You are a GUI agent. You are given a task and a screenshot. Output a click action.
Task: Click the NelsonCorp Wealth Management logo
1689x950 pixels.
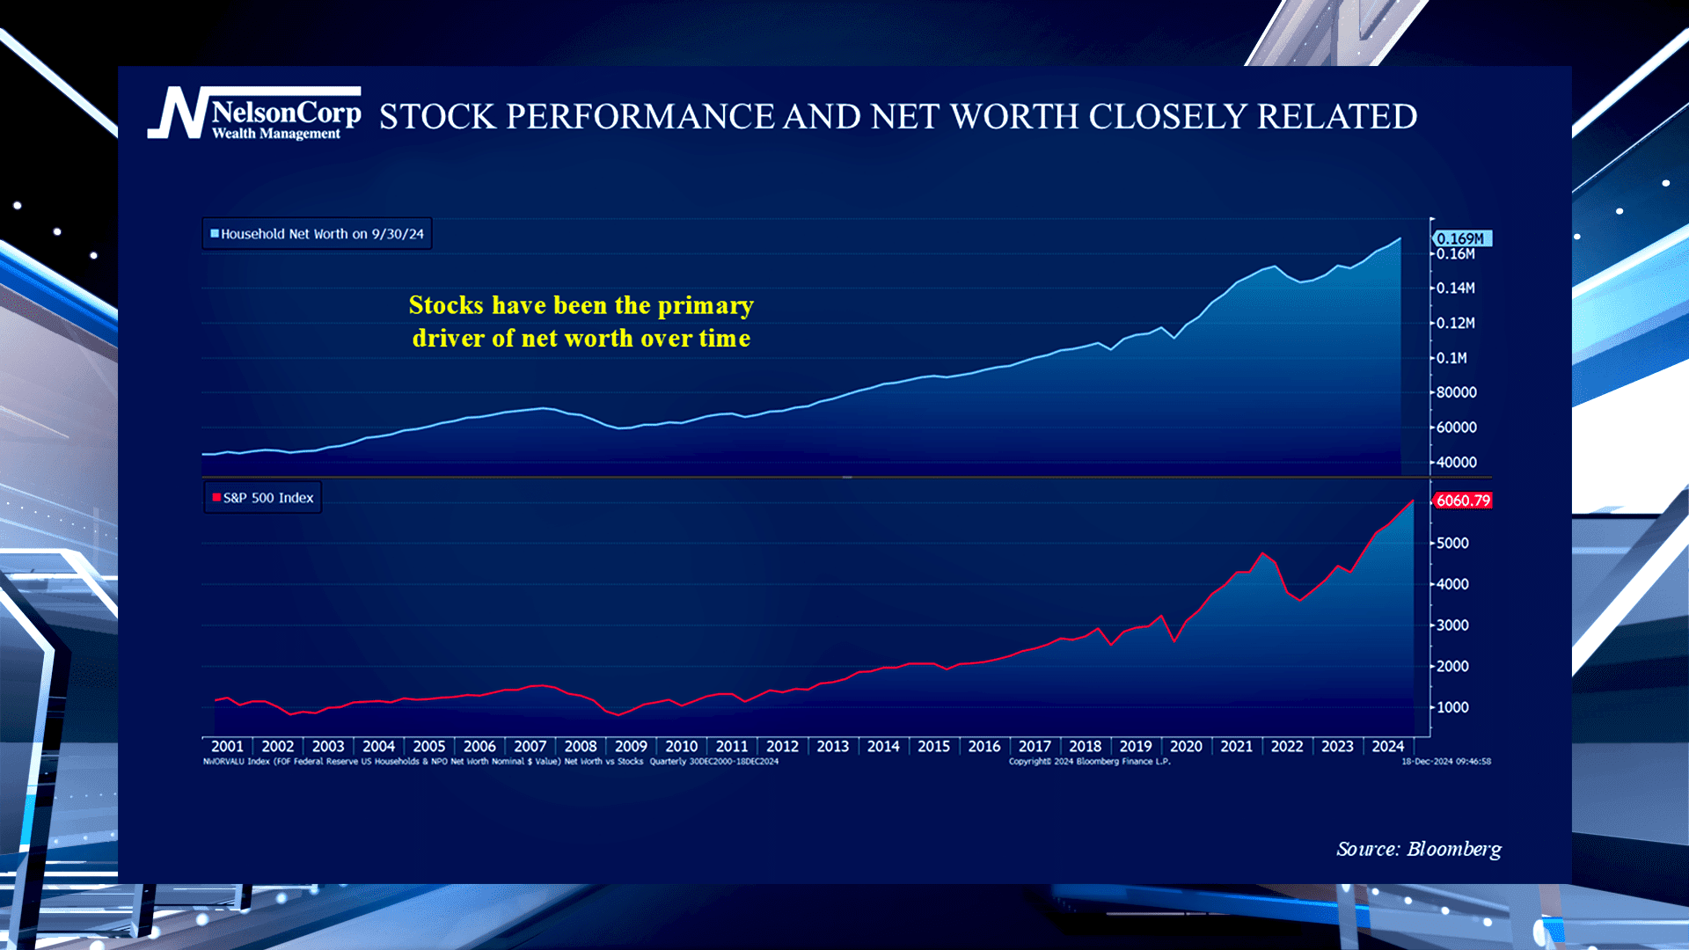(x=255, y=113)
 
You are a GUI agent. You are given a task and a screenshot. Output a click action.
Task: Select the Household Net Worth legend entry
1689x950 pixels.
(x=318, y=234)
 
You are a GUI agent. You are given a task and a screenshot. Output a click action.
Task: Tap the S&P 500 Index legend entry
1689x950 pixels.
(x=264, y=498)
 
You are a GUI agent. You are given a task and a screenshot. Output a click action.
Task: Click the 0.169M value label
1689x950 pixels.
(x=1461, y=238)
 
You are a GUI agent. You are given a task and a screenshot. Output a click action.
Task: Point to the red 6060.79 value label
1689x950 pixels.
(x=1463, y=501)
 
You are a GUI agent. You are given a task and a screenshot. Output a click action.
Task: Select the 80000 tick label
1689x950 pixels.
(x=1456, y=392)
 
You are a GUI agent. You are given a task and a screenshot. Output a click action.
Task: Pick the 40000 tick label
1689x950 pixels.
(x=1456, y=463)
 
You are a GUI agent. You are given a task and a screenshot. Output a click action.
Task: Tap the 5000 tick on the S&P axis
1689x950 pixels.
(x=1452, y=544)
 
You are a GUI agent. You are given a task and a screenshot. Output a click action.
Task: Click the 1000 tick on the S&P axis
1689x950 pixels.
(x=1452, y=707)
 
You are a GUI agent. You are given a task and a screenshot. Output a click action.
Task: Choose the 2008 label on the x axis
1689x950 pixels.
(x=581, y=746)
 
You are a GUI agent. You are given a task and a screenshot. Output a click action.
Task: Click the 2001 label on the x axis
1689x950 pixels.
(x=227, y=746)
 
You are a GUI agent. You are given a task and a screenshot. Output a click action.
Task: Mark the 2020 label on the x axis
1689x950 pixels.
(x=1186, y=746)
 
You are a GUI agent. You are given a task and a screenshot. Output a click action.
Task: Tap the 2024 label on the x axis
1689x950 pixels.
(x=1388, y=746)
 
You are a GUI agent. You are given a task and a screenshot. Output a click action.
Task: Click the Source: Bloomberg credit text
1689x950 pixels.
(x=1418, y=849)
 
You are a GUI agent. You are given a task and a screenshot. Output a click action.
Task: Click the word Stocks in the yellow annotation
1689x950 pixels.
(x=446, y=305)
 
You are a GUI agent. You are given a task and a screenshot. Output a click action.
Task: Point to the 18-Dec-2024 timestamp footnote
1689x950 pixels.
(x=1446, y=762)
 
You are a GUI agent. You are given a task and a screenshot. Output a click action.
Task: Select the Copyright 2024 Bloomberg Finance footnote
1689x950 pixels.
(x=1089, y=762)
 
